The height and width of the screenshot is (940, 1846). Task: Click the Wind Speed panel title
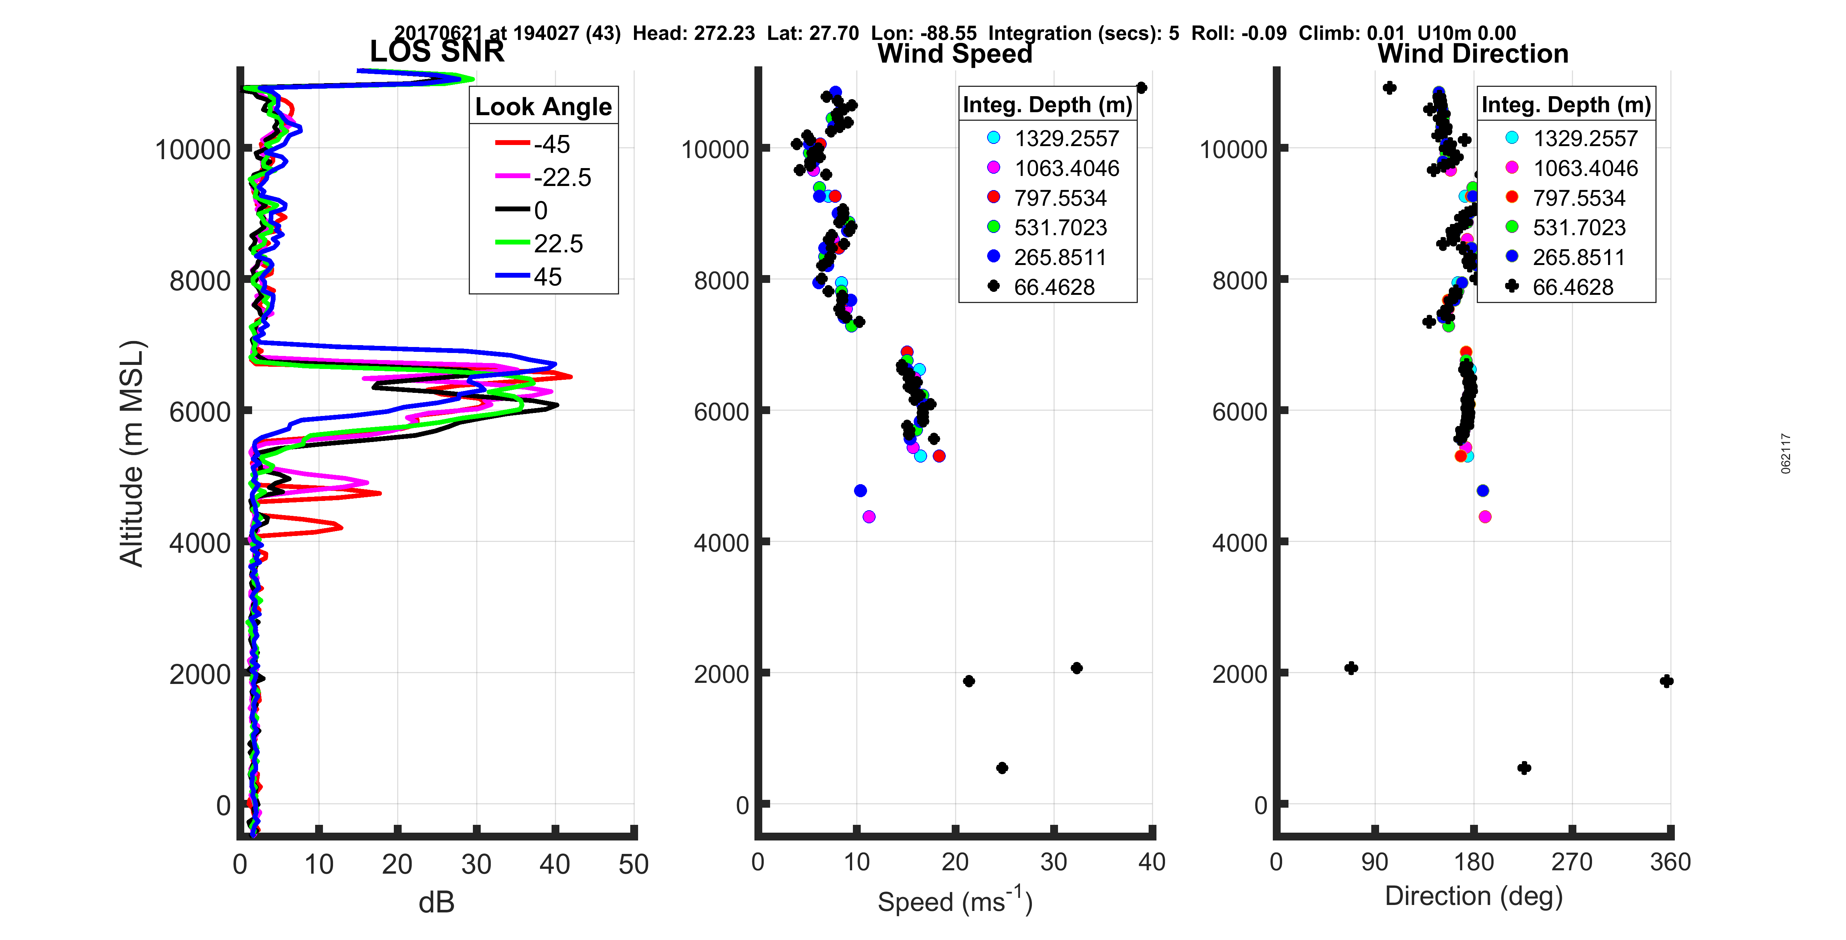[955, 54]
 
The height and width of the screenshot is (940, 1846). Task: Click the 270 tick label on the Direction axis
[1572, 862]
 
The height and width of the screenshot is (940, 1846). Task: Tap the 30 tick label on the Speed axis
[1054, 862]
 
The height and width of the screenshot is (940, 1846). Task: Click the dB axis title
[436, 903]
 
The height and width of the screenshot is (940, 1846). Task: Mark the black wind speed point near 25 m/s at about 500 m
[1002, 768]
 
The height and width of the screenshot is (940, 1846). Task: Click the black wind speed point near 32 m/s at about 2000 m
[1076, 668]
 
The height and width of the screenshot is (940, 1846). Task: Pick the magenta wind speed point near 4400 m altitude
[869, 517]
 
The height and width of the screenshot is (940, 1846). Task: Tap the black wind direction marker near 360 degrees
[1666, 681]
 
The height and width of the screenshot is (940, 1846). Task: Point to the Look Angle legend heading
[543, 107]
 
